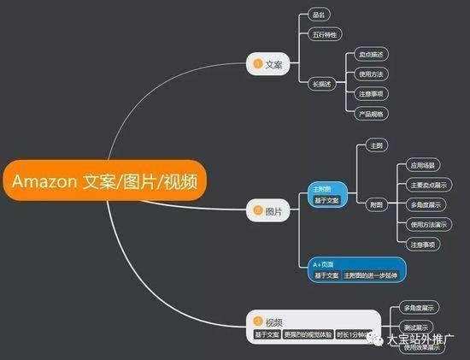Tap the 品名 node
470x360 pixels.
tap(318, 15)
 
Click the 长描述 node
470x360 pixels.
tap(321, 84)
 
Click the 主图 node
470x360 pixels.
tap(376, 146)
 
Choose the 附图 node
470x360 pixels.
tap(376, 204)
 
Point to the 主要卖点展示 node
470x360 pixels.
tap(424, 184)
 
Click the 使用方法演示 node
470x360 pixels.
tap(424, 224)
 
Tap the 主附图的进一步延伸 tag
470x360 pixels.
tap(373, 275)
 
